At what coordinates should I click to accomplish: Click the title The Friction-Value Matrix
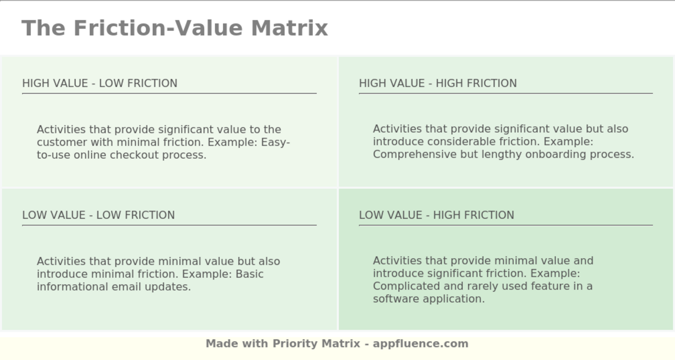pyautogui.click(x=175, y=28)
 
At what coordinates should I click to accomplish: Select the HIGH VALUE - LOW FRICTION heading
pyautogui.click(x=100, y=83)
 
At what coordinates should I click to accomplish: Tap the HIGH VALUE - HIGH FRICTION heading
pyautogui.click(x=438, y=83)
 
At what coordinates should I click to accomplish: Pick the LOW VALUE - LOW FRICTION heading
pyautogui.click(x=98, y=215)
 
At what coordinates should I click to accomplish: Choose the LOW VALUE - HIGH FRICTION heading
pyautogui.click(x=436, y=215)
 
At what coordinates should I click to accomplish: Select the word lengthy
pyautogui.click(x=499, y=155)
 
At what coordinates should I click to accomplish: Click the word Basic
pyautogui.click(x=250, y=274)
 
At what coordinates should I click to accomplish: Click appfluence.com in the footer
pyautogui.click(x=420, y=344)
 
